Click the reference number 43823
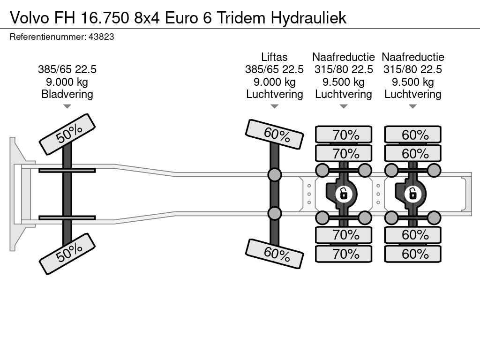click(x=101, y=37)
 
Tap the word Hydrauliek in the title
click(x=308, y=17)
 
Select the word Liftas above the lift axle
click(x=274, y=57)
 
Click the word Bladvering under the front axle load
click(x=67, y=94)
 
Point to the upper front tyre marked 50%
click(x=67, y=134)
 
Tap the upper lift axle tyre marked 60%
click(x=275, y=134)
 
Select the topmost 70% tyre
click(x=344, y=135)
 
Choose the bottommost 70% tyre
click(x=344, y=254)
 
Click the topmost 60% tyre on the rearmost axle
click(x=413, y=135)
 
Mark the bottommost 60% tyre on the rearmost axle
click(x=413, y=254)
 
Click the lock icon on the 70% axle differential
click(x=344, y=193)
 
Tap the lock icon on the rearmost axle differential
click(x=413, y=193)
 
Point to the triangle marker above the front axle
click(x=67, y=106)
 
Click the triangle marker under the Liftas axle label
click(x=274, y=106)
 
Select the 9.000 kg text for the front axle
click(x=67, y=82)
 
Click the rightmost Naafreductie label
click(x=413, y=57)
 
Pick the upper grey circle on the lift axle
click(x=275, y=175)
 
